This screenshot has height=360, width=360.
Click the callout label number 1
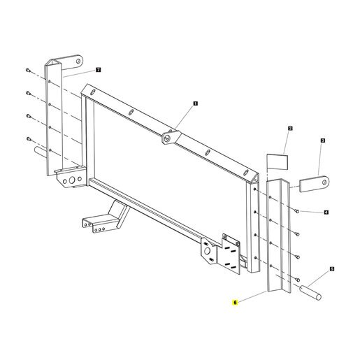195,103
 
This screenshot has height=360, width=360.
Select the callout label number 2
290,129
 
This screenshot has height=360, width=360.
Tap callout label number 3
323,141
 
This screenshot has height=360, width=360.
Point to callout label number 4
326,213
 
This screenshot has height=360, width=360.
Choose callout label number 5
332,269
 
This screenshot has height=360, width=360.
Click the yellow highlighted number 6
235,303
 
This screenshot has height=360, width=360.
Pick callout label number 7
99,70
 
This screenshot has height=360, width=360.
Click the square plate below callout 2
278,161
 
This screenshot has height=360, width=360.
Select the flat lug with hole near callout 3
314,184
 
